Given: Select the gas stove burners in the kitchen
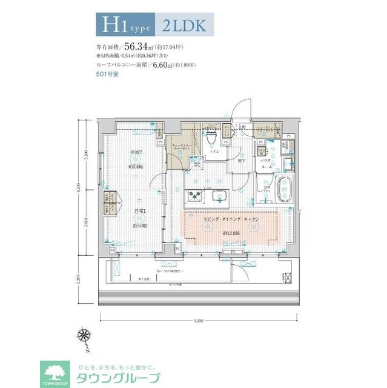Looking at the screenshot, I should pyautogui.click(x=196, y=196).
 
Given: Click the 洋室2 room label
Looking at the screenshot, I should pyautogui.click(x=135, y=152).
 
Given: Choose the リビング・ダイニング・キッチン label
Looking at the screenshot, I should pyautogui.click(x=231, y=218).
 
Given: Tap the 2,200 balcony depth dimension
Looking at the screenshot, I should pyautogui.click(x=88, y=281).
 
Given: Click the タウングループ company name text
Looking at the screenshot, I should pyautogui.click(x=119, y=378).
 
